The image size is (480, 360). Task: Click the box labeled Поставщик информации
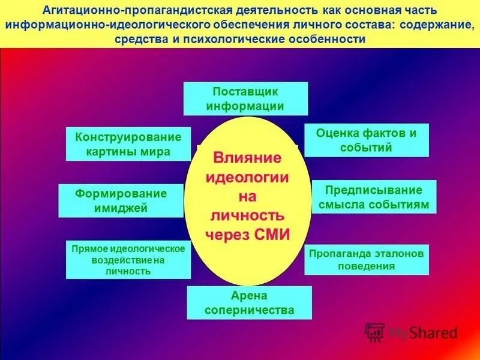point(245,98)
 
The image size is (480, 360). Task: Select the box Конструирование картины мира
point(128,144)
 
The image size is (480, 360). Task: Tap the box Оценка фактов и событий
point(367,140)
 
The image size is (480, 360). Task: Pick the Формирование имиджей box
point(121,201)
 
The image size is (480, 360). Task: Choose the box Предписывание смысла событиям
point(374,197)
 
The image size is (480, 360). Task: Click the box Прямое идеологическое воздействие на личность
point(127,259)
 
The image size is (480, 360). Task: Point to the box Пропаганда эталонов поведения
point(366,259)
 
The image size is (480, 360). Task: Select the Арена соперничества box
point(249,302)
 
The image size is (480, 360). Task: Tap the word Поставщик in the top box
point(245,91)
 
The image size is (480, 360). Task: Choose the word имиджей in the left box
point(121,208)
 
